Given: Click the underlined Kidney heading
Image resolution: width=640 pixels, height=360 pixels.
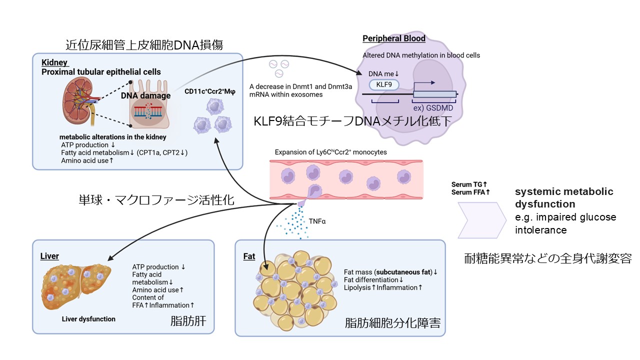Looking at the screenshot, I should (x=54, y=62).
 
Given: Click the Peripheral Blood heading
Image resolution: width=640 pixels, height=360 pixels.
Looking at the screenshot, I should (x=394, y=38).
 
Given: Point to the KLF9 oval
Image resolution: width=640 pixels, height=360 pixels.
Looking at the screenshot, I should (x=384, y=84).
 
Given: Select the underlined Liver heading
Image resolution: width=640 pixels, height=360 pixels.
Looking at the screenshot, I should (x=49, y=256).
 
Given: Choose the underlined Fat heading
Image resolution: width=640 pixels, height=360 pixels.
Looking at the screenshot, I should (x=249, y=256).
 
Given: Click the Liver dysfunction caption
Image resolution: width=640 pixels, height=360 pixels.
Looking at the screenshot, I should (x=88, y=319).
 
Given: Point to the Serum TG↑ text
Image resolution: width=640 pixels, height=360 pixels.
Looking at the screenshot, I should (x=469, y=184).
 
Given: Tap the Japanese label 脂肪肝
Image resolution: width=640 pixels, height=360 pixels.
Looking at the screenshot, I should (x=185, y=321).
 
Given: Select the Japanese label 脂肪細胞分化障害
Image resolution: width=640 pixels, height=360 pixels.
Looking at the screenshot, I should (x=392, y=322).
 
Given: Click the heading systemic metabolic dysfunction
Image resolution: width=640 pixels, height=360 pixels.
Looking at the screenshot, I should (x=564, y=198).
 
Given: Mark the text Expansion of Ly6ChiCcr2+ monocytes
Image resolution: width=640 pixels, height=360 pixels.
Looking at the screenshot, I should (x=331, y=152).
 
